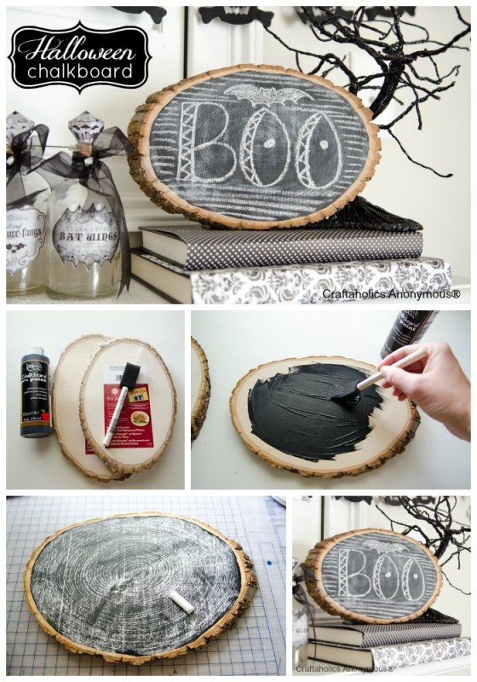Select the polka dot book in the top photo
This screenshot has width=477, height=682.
[281, 245]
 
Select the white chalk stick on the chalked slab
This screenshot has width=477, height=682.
[181, 602]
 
